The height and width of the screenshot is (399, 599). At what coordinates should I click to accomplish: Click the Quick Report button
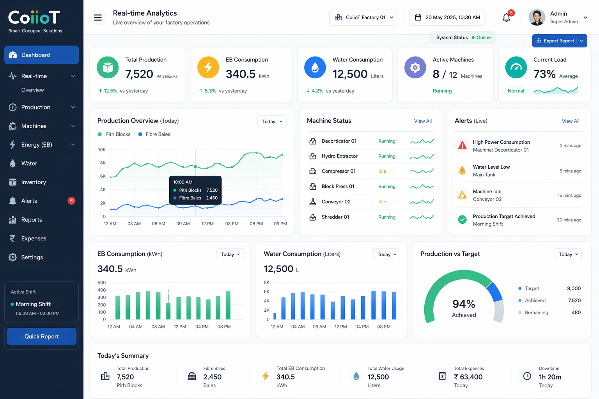click(x=41, y=336)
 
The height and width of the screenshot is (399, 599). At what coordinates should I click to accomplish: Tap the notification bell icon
click(x=506, y=18)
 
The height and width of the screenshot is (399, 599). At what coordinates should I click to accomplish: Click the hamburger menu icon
click(x=98, y=18)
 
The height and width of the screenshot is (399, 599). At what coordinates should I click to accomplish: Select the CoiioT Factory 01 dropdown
click(x=363, y=18)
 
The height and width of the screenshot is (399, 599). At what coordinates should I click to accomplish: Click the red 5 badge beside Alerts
click(x=71, y=201)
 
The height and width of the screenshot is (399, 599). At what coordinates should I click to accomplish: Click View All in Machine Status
click(x=423, y=121)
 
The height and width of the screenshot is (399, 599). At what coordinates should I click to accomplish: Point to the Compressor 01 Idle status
click(x=382, y=171)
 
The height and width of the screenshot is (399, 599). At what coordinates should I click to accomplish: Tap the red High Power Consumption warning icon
click(x=462, y=146)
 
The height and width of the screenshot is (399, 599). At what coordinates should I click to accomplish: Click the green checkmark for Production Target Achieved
click(x=462, y=220)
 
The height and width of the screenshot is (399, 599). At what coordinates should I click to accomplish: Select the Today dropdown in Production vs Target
click(x=568, y=254)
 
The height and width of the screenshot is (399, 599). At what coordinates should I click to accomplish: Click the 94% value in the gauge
click(x=464, y=304)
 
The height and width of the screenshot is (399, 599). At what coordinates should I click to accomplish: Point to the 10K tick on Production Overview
click(x=102, y=150)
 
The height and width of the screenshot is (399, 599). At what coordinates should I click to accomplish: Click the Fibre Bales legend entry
click(x=154, y=134)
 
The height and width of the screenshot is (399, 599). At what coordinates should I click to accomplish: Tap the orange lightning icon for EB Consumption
click(x=208, y=67)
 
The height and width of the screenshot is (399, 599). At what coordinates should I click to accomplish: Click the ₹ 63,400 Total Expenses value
click(x=468, y=377)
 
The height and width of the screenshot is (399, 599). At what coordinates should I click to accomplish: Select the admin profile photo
click(x=537, y=18)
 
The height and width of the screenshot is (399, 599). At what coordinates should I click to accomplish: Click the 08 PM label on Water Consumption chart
click(x=384, y=327)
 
